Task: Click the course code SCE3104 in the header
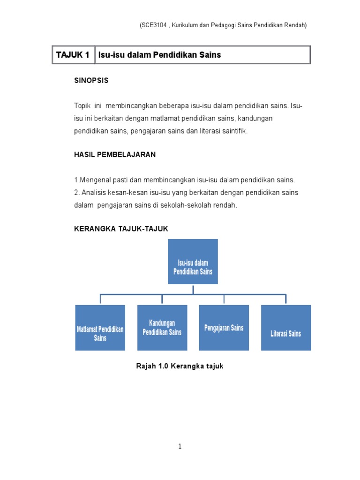tap(154, 25)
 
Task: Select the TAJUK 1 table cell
tap(73, 55)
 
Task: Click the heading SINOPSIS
tap(91, 80)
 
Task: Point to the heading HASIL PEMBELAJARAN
tap(115, 154)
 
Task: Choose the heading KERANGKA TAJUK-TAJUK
tap(121, 228)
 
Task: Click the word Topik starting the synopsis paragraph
tap(82, 106)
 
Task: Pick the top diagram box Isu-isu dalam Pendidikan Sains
tap(193, 262)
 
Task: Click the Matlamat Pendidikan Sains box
tap(100, 328)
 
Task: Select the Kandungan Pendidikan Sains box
tap(162, 328)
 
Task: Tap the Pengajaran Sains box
tap(224, 328)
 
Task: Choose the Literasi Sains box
tap(285, 328)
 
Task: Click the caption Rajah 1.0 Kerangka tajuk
tap(180, 366)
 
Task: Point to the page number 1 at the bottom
tap(180, 447)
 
